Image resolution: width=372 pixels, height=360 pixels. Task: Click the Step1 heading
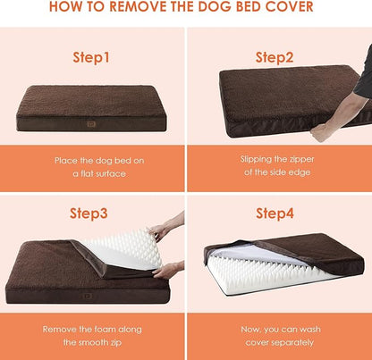coord(92,57)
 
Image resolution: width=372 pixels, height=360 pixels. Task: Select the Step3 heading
coord(92,213)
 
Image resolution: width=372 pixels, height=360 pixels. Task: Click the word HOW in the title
coord(68,9)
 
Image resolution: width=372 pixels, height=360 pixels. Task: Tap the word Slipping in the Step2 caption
coord(258,159)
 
